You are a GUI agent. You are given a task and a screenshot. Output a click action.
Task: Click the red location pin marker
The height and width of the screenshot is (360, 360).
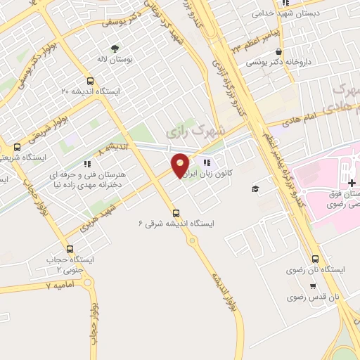click(x=181, y=165)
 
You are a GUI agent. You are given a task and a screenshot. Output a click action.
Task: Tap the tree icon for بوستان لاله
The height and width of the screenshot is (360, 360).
click(x=114, y=48)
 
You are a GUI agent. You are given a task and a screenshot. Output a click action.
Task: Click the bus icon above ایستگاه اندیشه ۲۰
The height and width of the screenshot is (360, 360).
click(x=90, y=80)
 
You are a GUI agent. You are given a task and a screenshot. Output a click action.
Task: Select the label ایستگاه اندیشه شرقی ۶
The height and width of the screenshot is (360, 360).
click(x=176, y=223)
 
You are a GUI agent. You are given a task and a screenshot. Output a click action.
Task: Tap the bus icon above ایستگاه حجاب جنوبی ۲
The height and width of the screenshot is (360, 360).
click(x=69, y=248)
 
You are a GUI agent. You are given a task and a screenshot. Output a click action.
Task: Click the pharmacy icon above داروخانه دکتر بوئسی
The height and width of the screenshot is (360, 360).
click(x=280, y=51)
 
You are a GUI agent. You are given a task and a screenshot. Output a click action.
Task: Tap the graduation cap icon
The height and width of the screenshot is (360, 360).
click(x=256, y=188)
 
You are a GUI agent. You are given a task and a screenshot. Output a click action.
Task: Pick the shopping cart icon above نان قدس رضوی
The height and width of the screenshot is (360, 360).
click(x=312, y=286)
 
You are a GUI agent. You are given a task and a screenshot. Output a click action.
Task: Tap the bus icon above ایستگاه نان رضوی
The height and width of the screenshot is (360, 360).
click(x=314, y=257)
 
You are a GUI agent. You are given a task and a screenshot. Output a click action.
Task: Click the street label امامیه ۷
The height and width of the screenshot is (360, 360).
click(x=59, y=286)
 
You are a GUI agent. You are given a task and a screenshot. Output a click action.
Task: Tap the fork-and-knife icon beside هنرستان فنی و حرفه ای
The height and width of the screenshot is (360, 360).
click(x=86, y=162)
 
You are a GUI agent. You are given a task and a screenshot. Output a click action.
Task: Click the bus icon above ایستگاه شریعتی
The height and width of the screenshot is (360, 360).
click(x=17, y=147)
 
